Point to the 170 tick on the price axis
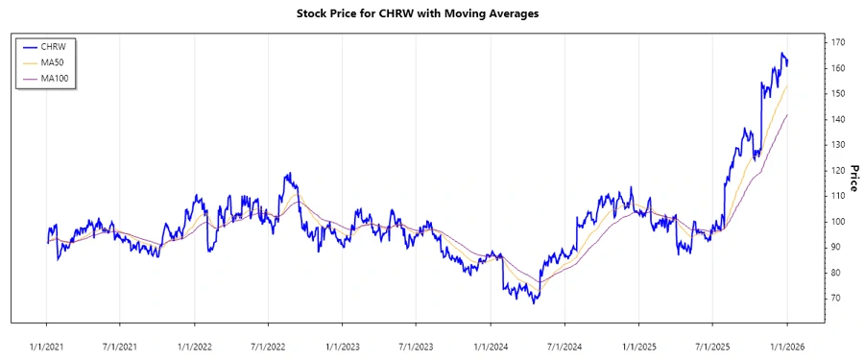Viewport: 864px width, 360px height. tap(838, 43)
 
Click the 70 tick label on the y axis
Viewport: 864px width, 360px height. tap(836, 299)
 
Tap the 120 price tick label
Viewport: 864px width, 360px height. tap(838, 171)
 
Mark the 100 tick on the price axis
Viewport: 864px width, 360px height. tap(838, 222)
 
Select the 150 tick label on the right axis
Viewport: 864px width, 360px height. tap(838, 94)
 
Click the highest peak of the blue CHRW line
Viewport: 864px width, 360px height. tap(782, 54)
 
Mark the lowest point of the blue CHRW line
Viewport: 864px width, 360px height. tap(533, 302)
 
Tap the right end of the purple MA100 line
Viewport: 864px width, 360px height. tap(788, 114)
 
